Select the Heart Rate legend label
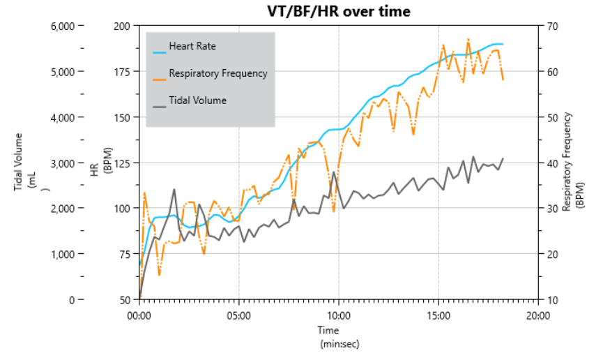coord(192,47)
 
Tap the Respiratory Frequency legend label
coord(217,73)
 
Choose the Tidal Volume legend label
coord(198,100)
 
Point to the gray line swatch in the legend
coord(160,106)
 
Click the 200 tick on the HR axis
coord(122,26)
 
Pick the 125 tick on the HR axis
coord(122,163)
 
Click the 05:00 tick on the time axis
coord(239,315)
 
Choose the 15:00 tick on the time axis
coord(438,315)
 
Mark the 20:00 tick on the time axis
coord(537,315)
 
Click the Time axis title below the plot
coord(328,330)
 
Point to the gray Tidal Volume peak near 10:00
coord(334,172)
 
